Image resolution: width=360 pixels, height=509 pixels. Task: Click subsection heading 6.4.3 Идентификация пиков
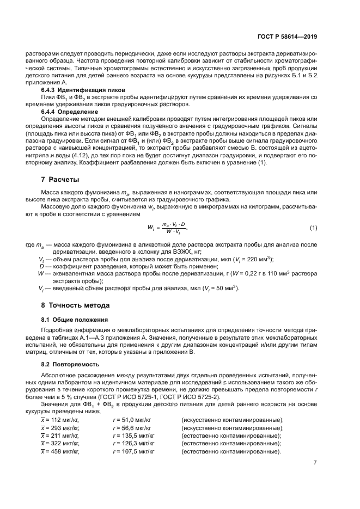pyautogui.click(x=84, y=89)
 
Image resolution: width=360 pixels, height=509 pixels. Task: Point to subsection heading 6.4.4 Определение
pyautogui.click(x=74, y=111)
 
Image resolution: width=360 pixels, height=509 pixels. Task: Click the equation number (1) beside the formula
pyautogui.click(x=313, y=226)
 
